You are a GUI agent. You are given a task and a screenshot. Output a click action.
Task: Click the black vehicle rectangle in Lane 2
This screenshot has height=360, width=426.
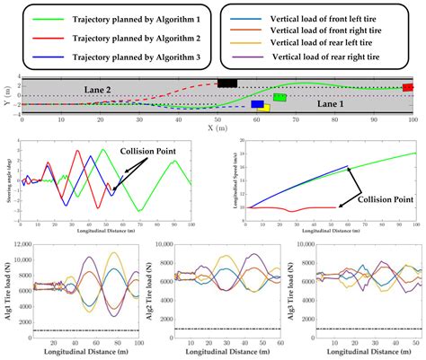pyautogui.click(x=227, y=83)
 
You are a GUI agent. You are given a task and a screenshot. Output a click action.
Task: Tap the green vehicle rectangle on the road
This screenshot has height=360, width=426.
pyautogui.click(x=280, y=97)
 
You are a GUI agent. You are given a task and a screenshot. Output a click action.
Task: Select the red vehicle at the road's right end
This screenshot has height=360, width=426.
pyautogui.click(x=408, y=87)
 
